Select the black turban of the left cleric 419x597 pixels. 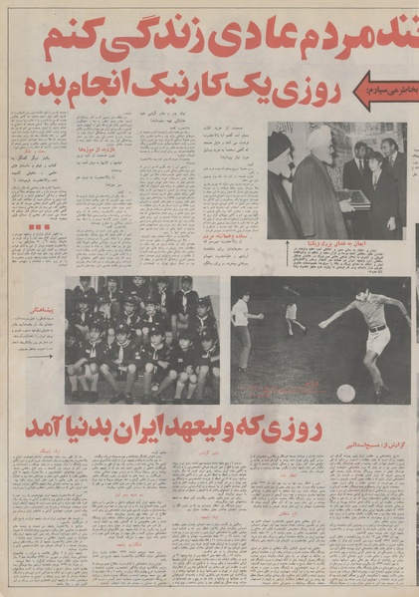[x=280, y=145]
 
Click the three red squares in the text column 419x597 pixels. [x=40, y=227]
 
